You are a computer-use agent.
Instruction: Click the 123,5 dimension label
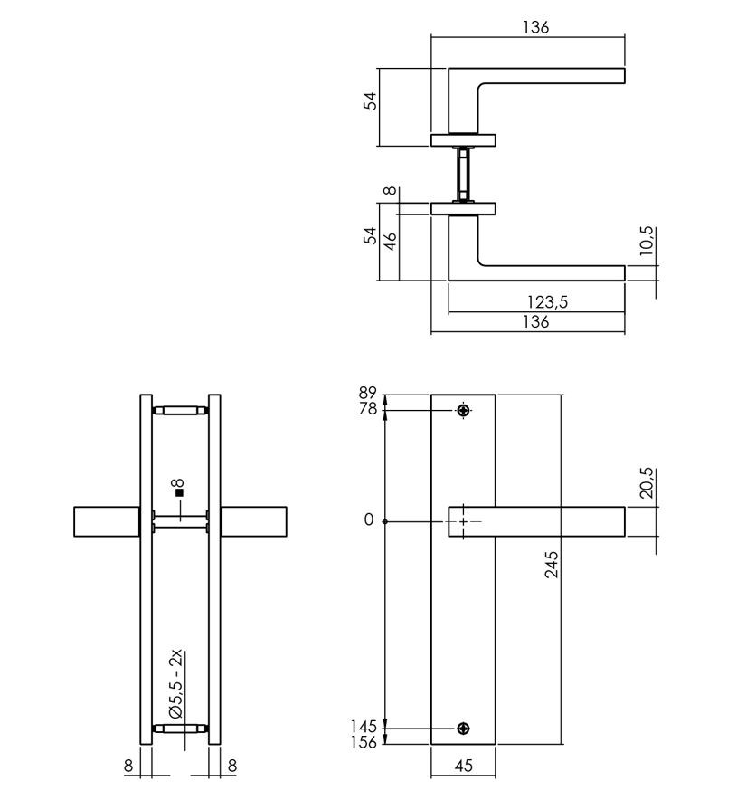click(547, 302)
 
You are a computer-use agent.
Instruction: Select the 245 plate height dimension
click(552, 564)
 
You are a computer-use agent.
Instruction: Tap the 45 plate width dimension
click(463, 766)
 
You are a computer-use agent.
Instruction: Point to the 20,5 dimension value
click(646, 482)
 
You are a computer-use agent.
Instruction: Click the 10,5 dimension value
click(646, 241)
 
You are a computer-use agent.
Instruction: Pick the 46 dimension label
click(390, 242)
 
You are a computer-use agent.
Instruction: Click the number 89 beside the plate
click(367, 394)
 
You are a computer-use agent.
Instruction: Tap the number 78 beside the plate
click(367, 409)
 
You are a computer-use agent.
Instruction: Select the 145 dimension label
click(364, 726)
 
